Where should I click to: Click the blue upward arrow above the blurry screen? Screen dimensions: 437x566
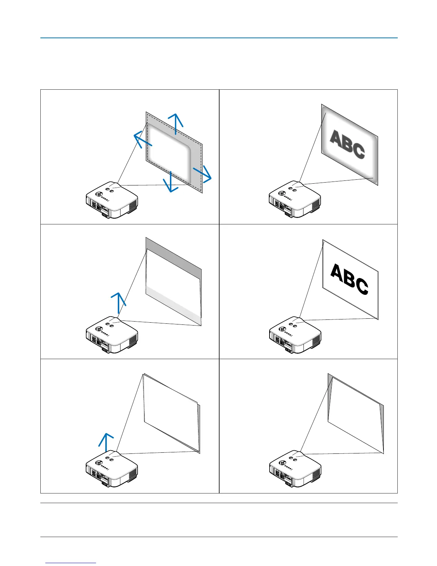tap(175, 123)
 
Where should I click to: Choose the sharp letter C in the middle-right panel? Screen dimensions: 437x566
tap(362, 286)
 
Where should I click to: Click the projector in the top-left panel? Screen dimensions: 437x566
tap(112, 200)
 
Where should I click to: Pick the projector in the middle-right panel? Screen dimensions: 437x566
tap(295, 335)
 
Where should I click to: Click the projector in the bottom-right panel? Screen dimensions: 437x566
tap(295, 469)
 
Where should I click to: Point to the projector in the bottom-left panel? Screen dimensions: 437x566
tap(112, 469)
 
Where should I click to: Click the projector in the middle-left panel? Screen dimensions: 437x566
tap(112, 335)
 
